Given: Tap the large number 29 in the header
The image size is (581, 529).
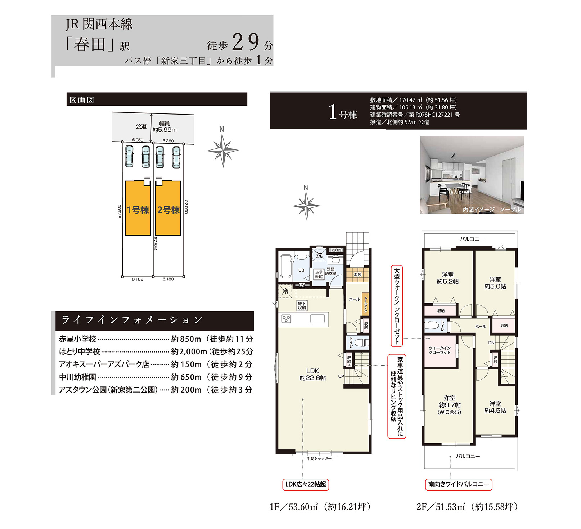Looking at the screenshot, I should (246, 42).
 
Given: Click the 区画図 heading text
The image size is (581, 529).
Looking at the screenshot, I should (82, 100).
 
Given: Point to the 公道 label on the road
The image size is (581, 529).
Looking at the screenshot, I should (141, 126).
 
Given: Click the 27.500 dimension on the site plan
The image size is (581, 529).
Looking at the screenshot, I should (119, 211).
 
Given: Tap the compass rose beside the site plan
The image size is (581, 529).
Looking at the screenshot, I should (222, 150).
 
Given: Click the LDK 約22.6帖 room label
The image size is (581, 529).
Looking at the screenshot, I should (312, 374).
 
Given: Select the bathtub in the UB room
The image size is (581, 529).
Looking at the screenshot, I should (285, 266).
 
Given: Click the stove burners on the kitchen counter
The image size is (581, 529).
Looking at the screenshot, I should (286, 319).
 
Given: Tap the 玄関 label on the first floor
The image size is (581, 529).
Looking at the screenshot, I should (357, 274).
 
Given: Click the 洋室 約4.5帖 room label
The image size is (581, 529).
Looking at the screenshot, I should (495, 407).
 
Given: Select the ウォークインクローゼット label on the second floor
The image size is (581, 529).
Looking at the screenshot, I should (440, 350).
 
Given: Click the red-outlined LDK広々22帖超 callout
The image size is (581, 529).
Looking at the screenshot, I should (306, 484).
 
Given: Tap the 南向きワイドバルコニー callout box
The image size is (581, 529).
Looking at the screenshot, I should (459, 484).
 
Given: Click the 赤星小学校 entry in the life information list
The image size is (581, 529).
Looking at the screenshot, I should (78, 339).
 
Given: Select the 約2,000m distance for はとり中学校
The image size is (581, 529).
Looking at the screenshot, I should (189, 351).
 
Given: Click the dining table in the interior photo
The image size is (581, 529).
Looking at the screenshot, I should (454, 186).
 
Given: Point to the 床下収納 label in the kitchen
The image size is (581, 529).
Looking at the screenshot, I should (302, 306).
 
